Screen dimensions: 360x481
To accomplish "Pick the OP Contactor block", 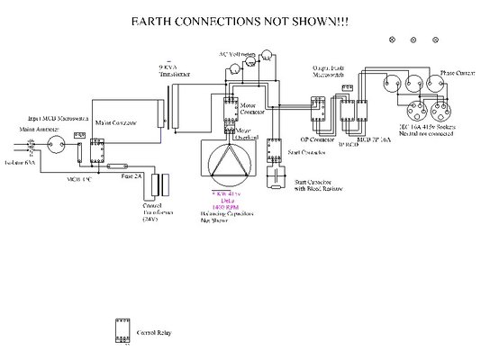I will [x=313, y=112].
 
